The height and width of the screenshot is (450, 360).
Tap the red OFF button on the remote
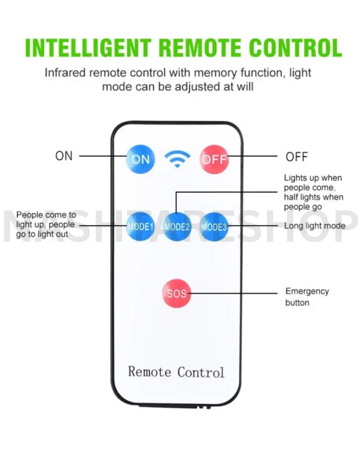point(214,159)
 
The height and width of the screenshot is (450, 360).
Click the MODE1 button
point(140,227)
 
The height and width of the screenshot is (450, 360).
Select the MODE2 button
point(177,227)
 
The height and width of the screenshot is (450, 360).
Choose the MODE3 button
point(214,227)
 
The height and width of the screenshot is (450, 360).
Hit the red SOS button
point(177,293)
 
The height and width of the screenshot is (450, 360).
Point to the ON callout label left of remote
point(64,156)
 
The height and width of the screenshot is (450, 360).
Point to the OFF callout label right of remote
point(296,157)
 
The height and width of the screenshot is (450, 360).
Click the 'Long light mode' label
point(314,226)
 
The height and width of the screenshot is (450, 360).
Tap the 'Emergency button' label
point(307,297)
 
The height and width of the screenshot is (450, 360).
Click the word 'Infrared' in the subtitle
point(65,73)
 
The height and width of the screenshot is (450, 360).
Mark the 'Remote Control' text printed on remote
point(176,372)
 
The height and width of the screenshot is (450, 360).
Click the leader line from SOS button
point(233,293)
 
